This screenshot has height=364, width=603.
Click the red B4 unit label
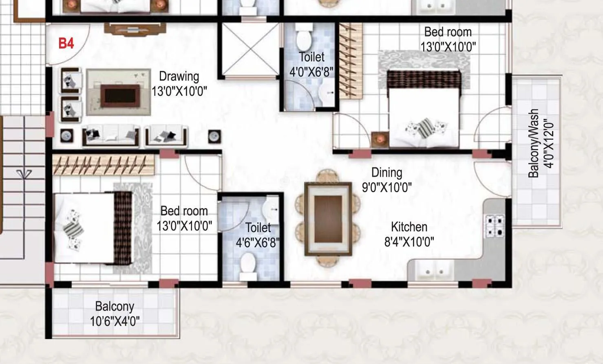click(x=66, y=43)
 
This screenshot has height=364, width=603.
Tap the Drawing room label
click(x=179, y=83)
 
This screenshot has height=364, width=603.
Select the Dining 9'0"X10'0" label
click(x=387, y=180)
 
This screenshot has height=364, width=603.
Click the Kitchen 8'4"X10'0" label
click(x=409, y=234)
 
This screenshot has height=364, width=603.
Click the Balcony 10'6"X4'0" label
click(x=115, y=314)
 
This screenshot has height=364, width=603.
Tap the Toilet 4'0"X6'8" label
click(x=311, y=64)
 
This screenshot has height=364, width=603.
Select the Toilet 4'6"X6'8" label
click(x=258, y=235)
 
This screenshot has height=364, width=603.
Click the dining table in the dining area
click(x=328, y=219)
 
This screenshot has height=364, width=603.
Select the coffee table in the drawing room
click(x=120, y=95)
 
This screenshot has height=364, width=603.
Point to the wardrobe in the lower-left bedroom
click(x=104, y=164)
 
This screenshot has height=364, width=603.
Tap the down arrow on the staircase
click(x=24, y=174)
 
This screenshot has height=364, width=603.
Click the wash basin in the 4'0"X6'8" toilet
click(x=328, y=94)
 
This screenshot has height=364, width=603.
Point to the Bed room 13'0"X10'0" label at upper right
click(x=448, y=39)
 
